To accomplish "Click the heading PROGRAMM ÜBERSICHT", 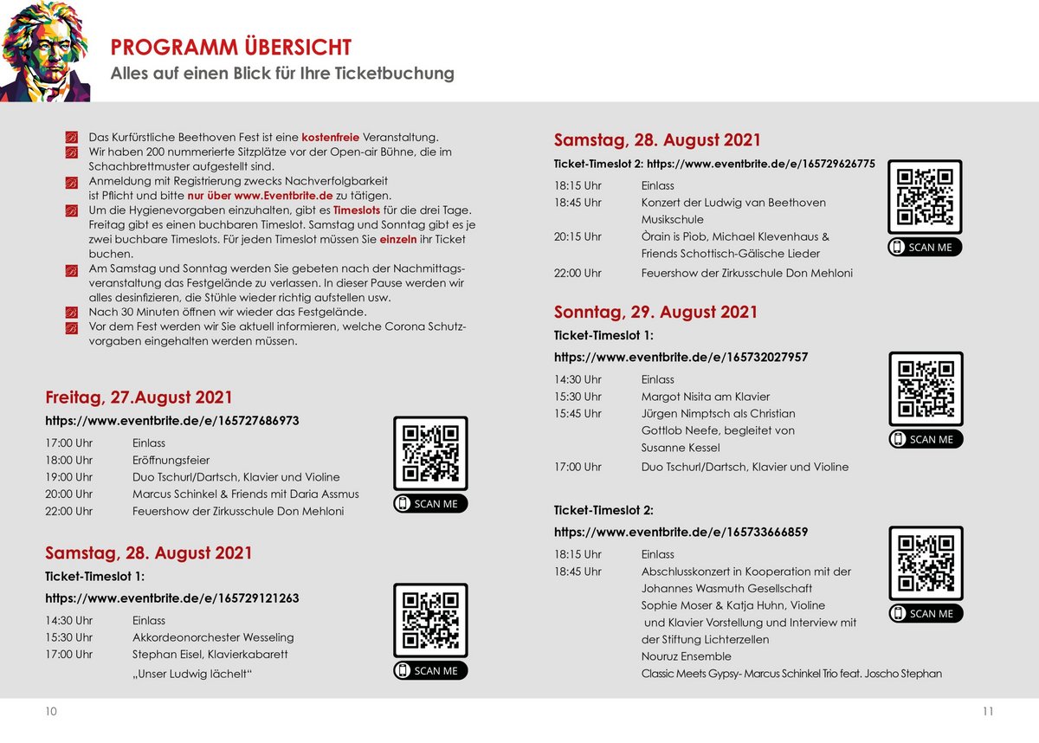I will [x=230, y=47].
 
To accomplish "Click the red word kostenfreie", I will [x=330, y=137].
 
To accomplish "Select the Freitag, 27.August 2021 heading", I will [x=139, y=397].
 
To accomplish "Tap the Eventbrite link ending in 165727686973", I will [x=172, y=421].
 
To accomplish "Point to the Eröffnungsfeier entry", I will [x=171, y=460].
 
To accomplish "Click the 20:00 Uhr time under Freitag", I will [x=68, y=494].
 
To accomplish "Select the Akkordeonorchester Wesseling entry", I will [x=213, y=636].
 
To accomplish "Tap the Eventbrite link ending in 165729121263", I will [x=172, y=598].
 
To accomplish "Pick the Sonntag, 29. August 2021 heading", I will [x=655, y=312].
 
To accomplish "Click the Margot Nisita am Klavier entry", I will [x=705, y=397].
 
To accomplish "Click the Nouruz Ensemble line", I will [x=686, y=656].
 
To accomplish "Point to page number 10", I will [x=51, y=712].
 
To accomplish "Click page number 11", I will [x=988, y=712].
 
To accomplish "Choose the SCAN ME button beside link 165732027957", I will [x=926, y=439].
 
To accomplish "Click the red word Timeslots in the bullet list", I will [x=356, y=210].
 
